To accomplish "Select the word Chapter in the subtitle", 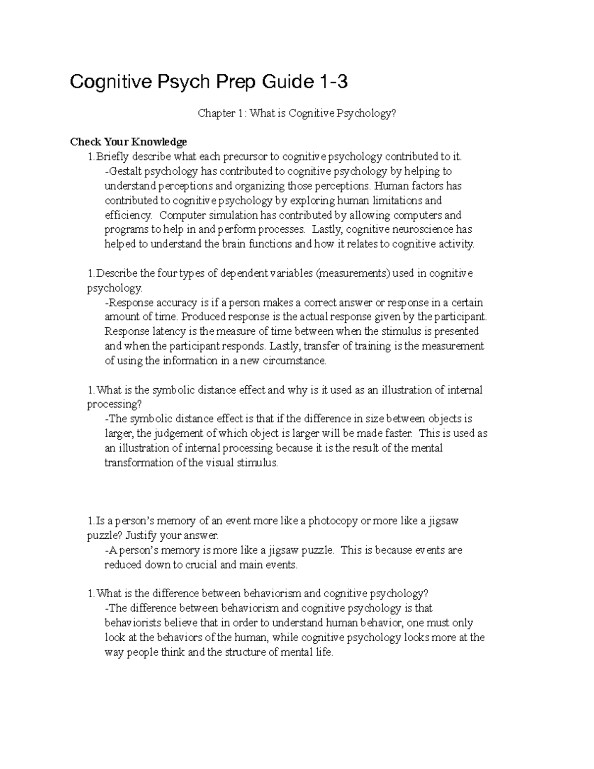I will point(216,113).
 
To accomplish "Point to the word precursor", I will point(246,157).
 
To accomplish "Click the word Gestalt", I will point(124,172).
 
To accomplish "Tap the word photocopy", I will point(338,521).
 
